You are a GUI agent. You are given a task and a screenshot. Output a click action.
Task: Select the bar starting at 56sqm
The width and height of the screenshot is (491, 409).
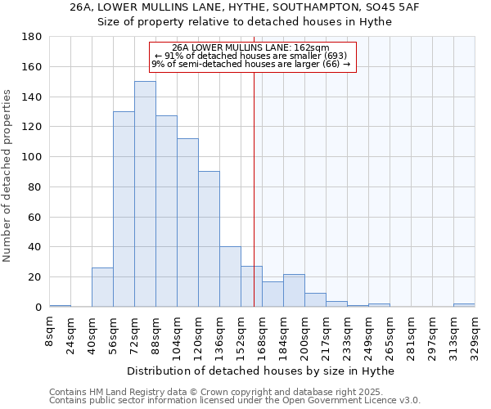point(124,209)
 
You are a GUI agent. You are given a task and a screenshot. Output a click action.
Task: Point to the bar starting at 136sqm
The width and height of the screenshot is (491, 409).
point(230,276)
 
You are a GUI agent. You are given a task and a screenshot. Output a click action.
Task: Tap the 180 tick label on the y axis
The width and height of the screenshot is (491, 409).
point(32,37)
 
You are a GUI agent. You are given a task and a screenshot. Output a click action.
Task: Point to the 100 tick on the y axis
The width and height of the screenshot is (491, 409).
point(32,157)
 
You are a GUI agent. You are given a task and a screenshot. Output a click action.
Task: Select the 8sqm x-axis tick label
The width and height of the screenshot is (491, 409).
point(49,331)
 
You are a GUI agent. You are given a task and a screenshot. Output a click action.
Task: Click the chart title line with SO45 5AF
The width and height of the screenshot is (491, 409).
point(245,7)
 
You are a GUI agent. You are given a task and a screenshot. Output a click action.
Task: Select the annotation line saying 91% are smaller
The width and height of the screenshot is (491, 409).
point(253,56)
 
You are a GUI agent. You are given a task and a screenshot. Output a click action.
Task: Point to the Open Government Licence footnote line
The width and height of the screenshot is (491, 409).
point(235,401)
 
